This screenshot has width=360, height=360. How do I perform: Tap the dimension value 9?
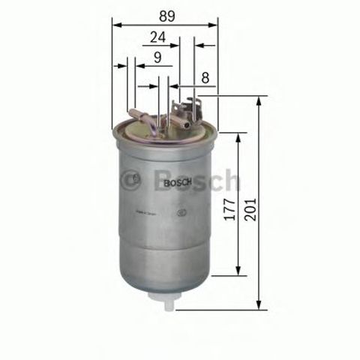tap(157, 56)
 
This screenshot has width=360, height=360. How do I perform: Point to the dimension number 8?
tap(204, 76)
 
